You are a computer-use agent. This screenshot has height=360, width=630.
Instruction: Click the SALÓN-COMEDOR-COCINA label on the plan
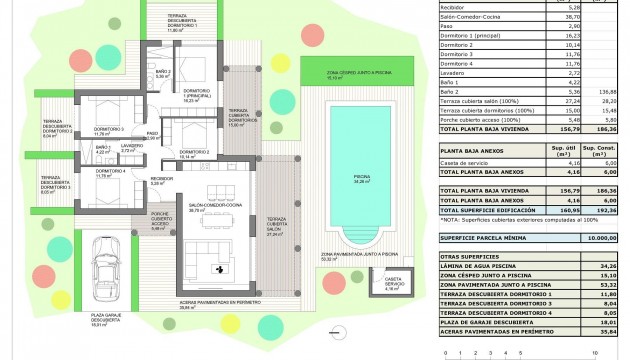(211, 207)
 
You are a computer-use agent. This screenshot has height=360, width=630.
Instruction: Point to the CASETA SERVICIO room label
(393, 282)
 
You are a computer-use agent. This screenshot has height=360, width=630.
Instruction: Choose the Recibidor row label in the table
(454, 6)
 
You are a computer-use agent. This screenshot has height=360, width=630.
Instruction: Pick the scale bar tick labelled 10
(597, 353)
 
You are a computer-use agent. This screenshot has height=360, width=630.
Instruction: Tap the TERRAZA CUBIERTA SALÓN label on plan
(276, 227)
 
